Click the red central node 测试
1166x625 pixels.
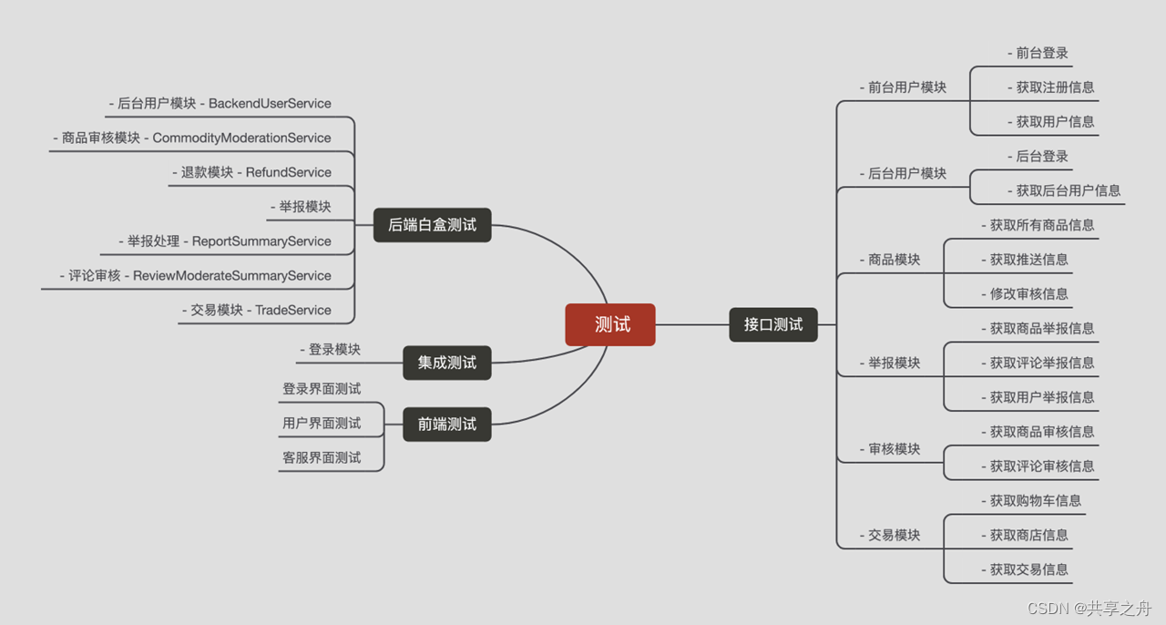610,324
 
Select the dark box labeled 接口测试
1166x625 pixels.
773,324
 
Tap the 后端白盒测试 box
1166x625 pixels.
433,224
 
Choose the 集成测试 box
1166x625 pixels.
447,363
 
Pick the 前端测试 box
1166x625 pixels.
447,425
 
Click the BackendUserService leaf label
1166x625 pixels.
270,104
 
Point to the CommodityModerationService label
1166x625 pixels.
241,138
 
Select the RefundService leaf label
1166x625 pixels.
289,172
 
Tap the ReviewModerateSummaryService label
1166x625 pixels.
231,276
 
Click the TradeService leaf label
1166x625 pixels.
293,311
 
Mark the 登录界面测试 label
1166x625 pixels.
322,389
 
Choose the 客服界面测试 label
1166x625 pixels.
322,458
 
